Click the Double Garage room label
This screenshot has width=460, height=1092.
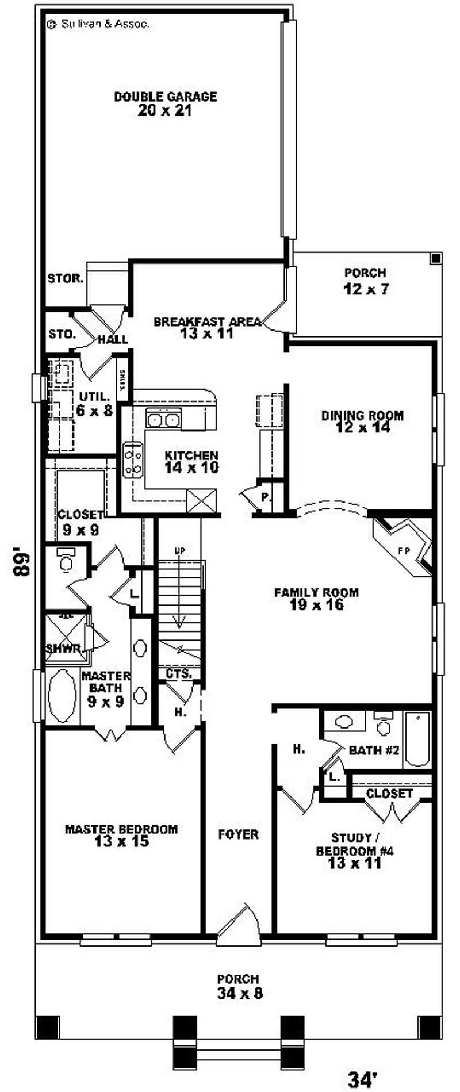pos(165,97)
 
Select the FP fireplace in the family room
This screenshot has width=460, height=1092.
pos(404,550)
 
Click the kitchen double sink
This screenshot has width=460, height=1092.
pos(163,420)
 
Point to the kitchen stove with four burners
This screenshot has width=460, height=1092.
pos(132,459)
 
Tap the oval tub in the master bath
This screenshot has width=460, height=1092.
pos(62,695)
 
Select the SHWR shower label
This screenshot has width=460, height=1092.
pos(63,648)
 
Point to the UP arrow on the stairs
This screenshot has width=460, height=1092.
pos(180,551)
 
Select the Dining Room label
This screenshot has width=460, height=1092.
pos(362,415)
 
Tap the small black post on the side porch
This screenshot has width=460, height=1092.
pos(436,258)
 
